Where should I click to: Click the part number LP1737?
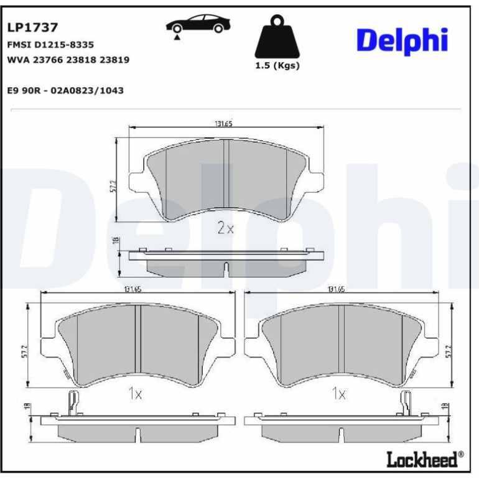(32, 27)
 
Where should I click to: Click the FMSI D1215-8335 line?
(50, 45)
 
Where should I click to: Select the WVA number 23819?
(114, 60)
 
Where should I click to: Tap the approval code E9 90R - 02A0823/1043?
(65, 90)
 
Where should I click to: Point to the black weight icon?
(277, 37)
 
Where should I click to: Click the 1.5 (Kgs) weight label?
(277, 66)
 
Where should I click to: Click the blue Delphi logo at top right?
(402, 41)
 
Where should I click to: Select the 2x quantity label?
(225, 228)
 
